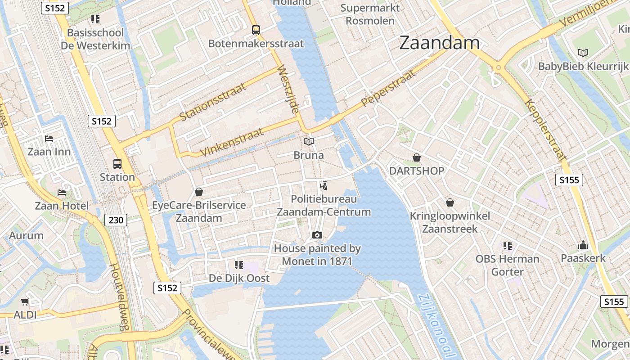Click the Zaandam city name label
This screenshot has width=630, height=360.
439,43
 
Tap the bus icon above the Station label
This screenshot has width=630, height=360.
117,164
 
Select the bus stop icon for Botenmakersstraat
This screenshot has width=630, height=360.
256,30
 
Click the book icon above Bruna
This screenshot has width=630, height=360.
308,142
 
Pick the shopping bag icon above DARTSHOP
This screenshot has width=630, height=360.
417,157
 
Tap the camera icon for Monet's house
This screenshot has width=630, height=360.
317,235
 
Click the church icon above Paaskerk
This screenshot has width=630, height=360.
583,245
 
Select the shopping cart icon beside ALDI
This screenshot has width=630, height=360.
25,302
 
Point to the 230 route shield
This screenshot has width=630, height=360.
116,220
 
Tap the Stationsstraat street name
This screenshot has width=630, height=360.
213,102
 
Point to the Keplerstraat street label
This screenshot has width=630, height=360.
545,130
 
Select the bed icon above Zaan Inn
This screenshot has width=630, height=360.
49,139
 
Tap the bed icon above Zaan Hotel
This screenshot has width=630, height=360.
62,193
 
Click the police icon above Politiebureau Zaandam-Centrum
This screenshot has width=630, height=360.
323,185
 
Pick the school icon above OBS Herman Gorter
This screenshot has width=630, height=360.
508,246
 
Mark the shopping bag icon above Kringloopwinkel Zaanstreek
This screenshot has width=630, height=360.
450,202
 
